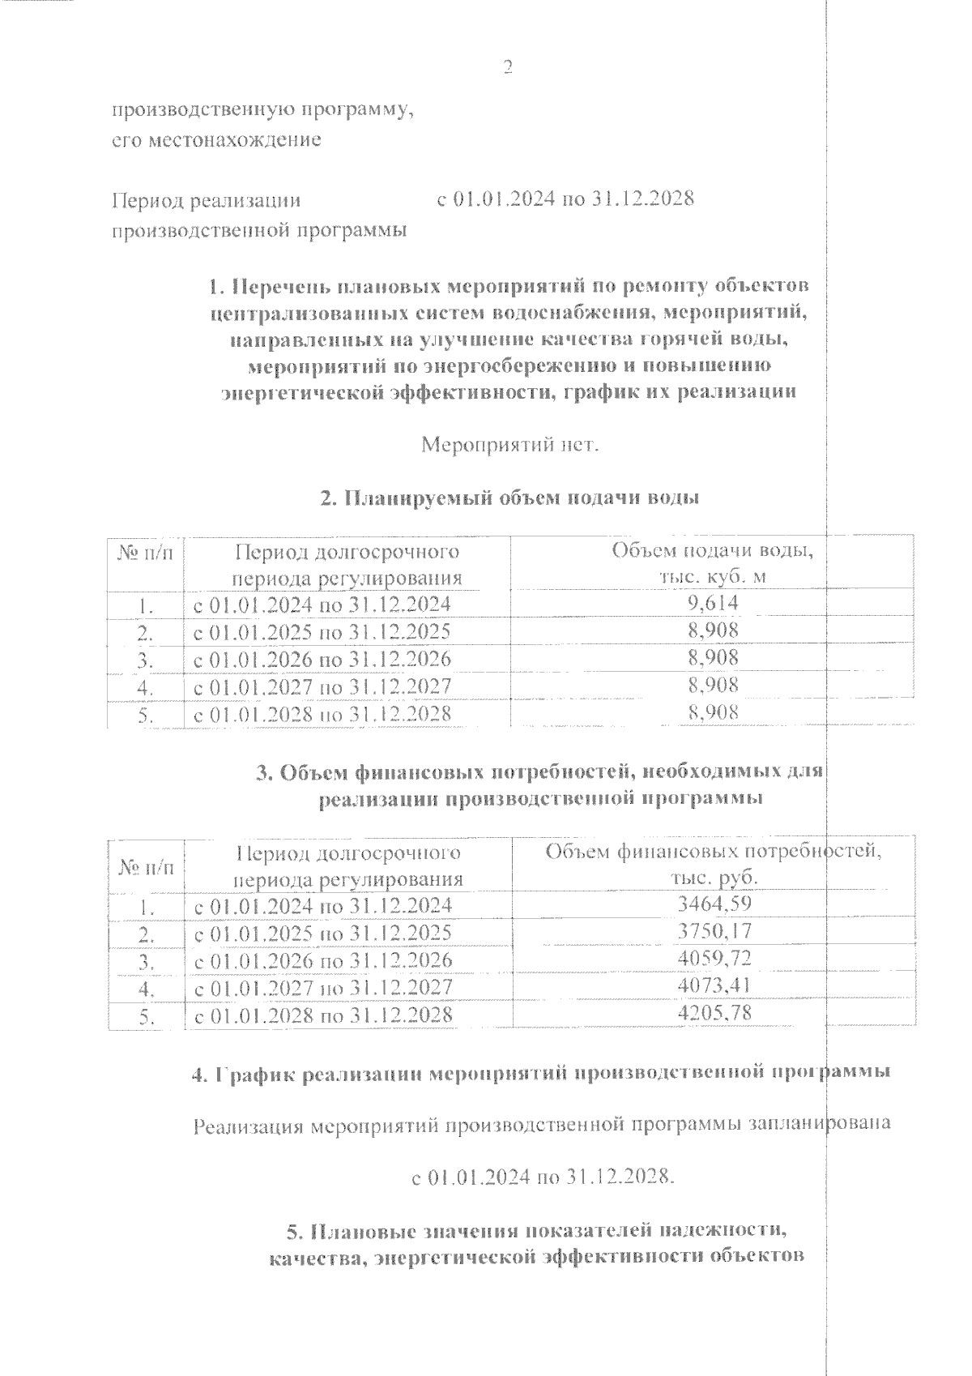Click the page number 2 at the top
tap(508, 67)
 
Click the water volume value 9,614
tap(713, 602)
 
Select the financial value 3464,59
tap(713, 904)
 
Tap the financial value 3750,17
tap(713, 931)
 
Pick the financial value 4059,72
tap(713, 959)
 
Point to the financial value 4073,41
tap(713, 985)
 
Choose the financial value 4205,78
tap(713, 1012)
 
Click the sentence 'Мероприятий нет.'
tap(510, 445)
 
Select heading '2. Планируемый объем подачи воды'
tap(510, 498)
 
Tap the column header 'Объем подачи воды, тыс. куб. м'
tap(713, 563)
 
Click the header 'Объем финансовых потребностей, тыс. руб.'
tap(713, 865)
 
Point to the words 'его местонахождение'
tap(216, 140)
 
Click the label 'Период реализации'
tap(206, 200)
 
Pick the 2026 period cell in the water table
tap(322, 659)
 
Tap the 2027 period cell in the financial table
tap(322, 988)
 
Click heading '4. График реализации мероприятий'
tap(541, 1074)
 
